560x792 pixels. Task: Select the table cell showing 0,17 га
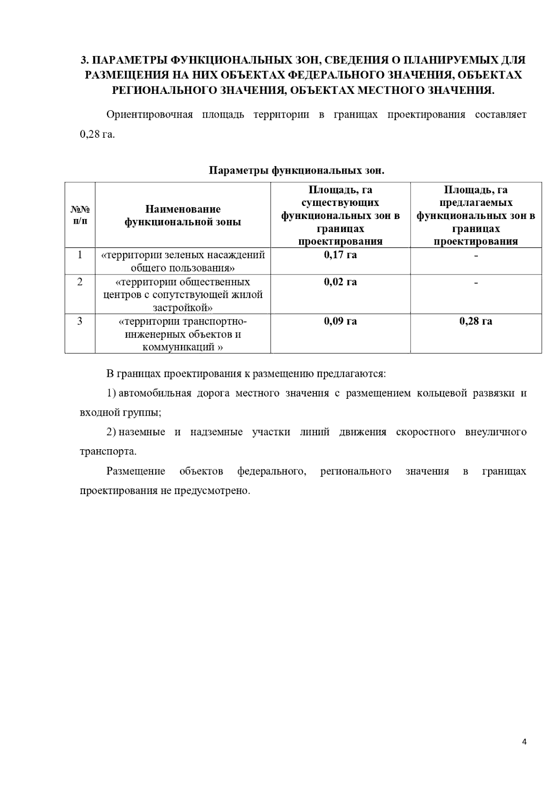(340, 255)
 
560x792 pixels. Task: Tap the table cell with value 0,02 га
(340, 282)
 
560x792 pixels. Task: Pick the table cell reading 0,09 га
(340, 321)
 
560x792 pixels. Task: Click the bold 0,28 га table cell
(476, 321)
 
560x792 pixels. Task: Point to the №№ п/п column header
(80, 215)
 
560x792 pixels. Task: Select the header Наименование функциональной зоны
(182, 215)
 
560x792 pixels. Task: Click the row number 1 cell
(80, 255)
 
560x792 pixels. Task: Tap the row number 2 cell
(80, 282)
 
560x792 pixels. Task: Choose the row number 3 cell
(80, 321)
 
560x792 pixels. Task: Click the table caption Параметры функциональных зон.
(296, 170)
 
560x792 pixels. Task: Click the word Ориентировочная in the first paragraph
(149, 115)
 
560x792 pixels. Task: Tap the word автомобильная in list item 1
(155, 393)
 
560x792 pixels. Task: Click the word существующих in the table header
(340, 203)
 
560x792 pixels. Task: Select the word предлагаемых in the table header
(476, 203)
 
